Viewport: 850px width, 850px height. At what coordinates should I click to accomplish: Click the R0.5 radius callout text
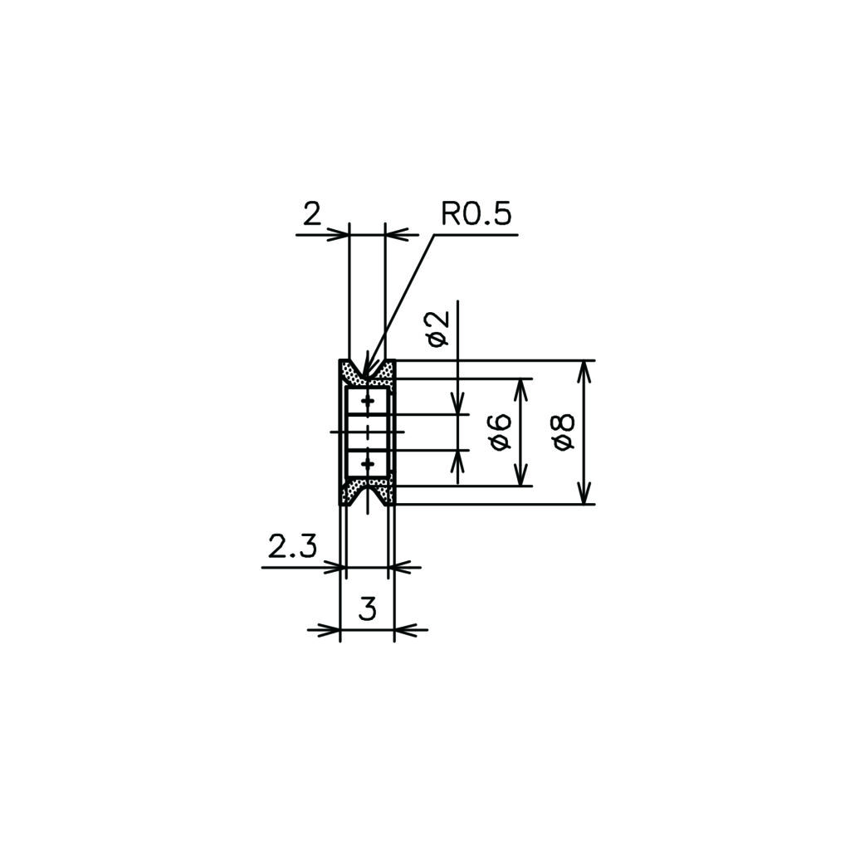click(x=476, y=214)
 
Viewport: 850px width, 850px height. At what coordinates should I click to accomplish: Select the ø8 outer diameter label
click(x=564, y=432)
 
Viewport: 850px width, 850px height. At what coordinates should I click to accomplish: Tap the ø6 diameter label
click(x=501, y=432)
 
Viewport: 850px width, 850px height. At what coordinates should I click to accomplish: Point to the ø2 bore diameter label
click(x=438, y=329)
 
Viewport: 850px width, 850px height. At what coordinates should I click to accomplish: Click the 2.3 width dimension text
click(x=292, y=547)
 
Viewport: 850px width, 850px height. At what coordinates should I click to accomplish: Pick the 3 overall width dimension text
click(x=368, y=609)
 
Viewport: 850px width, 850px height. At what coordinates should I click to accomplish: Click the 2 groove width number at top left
click(x=312, y=215)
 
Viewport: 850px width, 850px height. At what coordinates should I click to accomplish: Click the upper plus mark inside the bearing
click(x=368, y=401)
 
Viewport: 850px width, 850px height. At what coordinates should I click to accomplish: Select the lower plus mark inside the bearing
click(x=368, y=464)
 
